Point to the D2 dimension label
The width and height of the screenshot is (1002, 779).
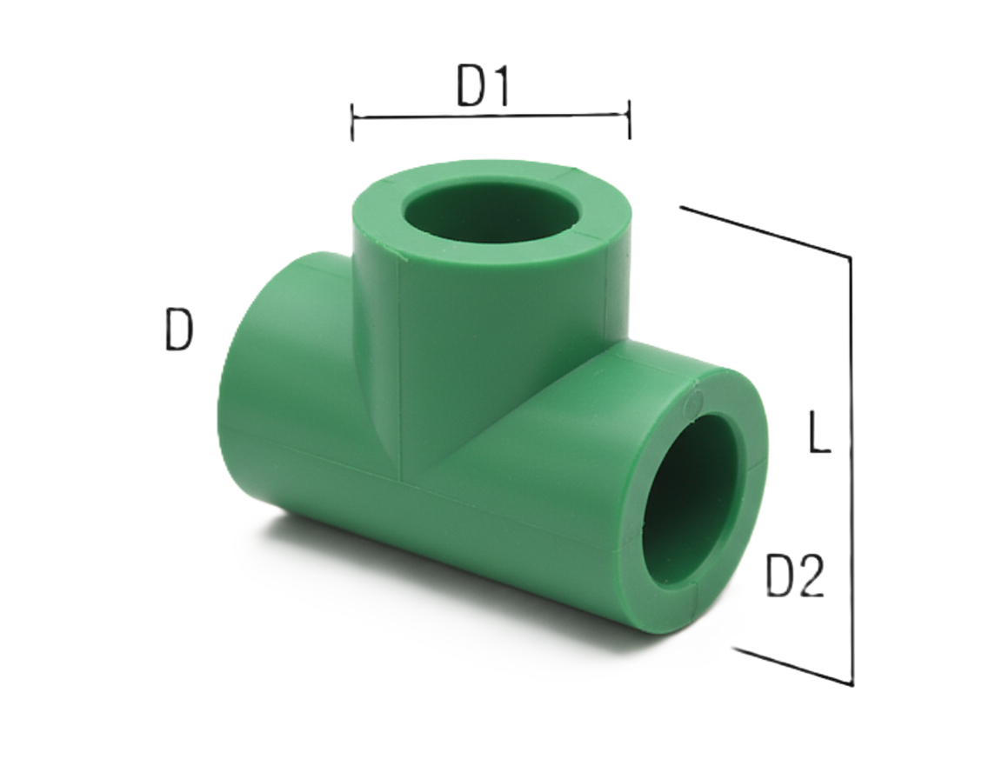pyautogui.click(x=794, y=576)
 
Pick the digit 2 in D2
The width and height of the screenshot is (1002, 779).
pyautogui.click(x=811, y=576)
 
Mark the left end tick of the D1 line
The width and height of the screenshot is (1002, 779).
pyautogui.click(x=352, y=121)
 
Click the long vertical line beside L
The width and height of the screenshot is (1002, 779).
pyautogui.click(x=852, y=469)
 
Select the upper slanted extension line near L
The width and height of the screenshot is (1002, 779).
pyautogui.click(x=765, y=232)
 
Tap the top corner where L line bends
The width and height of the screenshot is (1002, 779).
pyautogui.click(x=850, y=258)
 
